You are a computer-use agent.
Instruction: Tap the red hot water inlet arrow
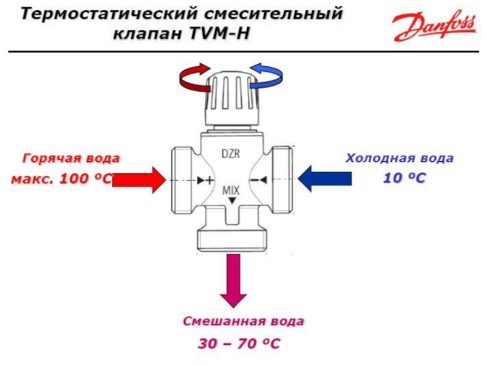(x=139, y=179)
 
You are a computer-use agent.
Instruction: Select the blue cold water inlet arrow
(x=325, y=179)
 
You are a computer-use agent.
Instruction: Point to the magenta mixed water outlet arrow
(x=233, y=280)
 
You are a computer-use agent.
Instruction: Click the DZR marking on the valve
(x=231, y=154)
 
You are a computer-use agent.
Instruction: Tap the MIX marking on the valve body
(x=231, y=190)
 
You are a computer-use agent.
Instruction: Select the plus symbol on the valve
(x=210, y=179)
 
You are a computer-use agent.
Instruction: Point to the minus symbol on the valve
(x=254, y=179)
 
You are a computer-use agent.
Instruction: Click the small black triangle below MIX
(x=232, y=201)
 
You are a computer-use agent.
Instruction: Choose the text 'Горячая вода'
(x=71, y=159)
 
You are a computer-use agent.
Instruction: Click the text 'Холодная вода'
(x=400, y=158)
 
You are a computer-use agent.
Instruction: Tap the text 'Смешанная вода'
(x=244, y=321)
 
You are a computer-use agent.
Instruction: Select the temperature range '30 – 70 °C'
(x=239, y=344)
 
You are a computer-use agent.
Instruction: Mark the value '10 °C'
(x=405, y=178)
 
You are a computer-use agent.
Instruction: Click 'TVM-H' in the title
(x=219, y=33)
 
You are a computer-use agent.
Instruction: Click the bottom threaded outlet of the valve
(x=232, y=240)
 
